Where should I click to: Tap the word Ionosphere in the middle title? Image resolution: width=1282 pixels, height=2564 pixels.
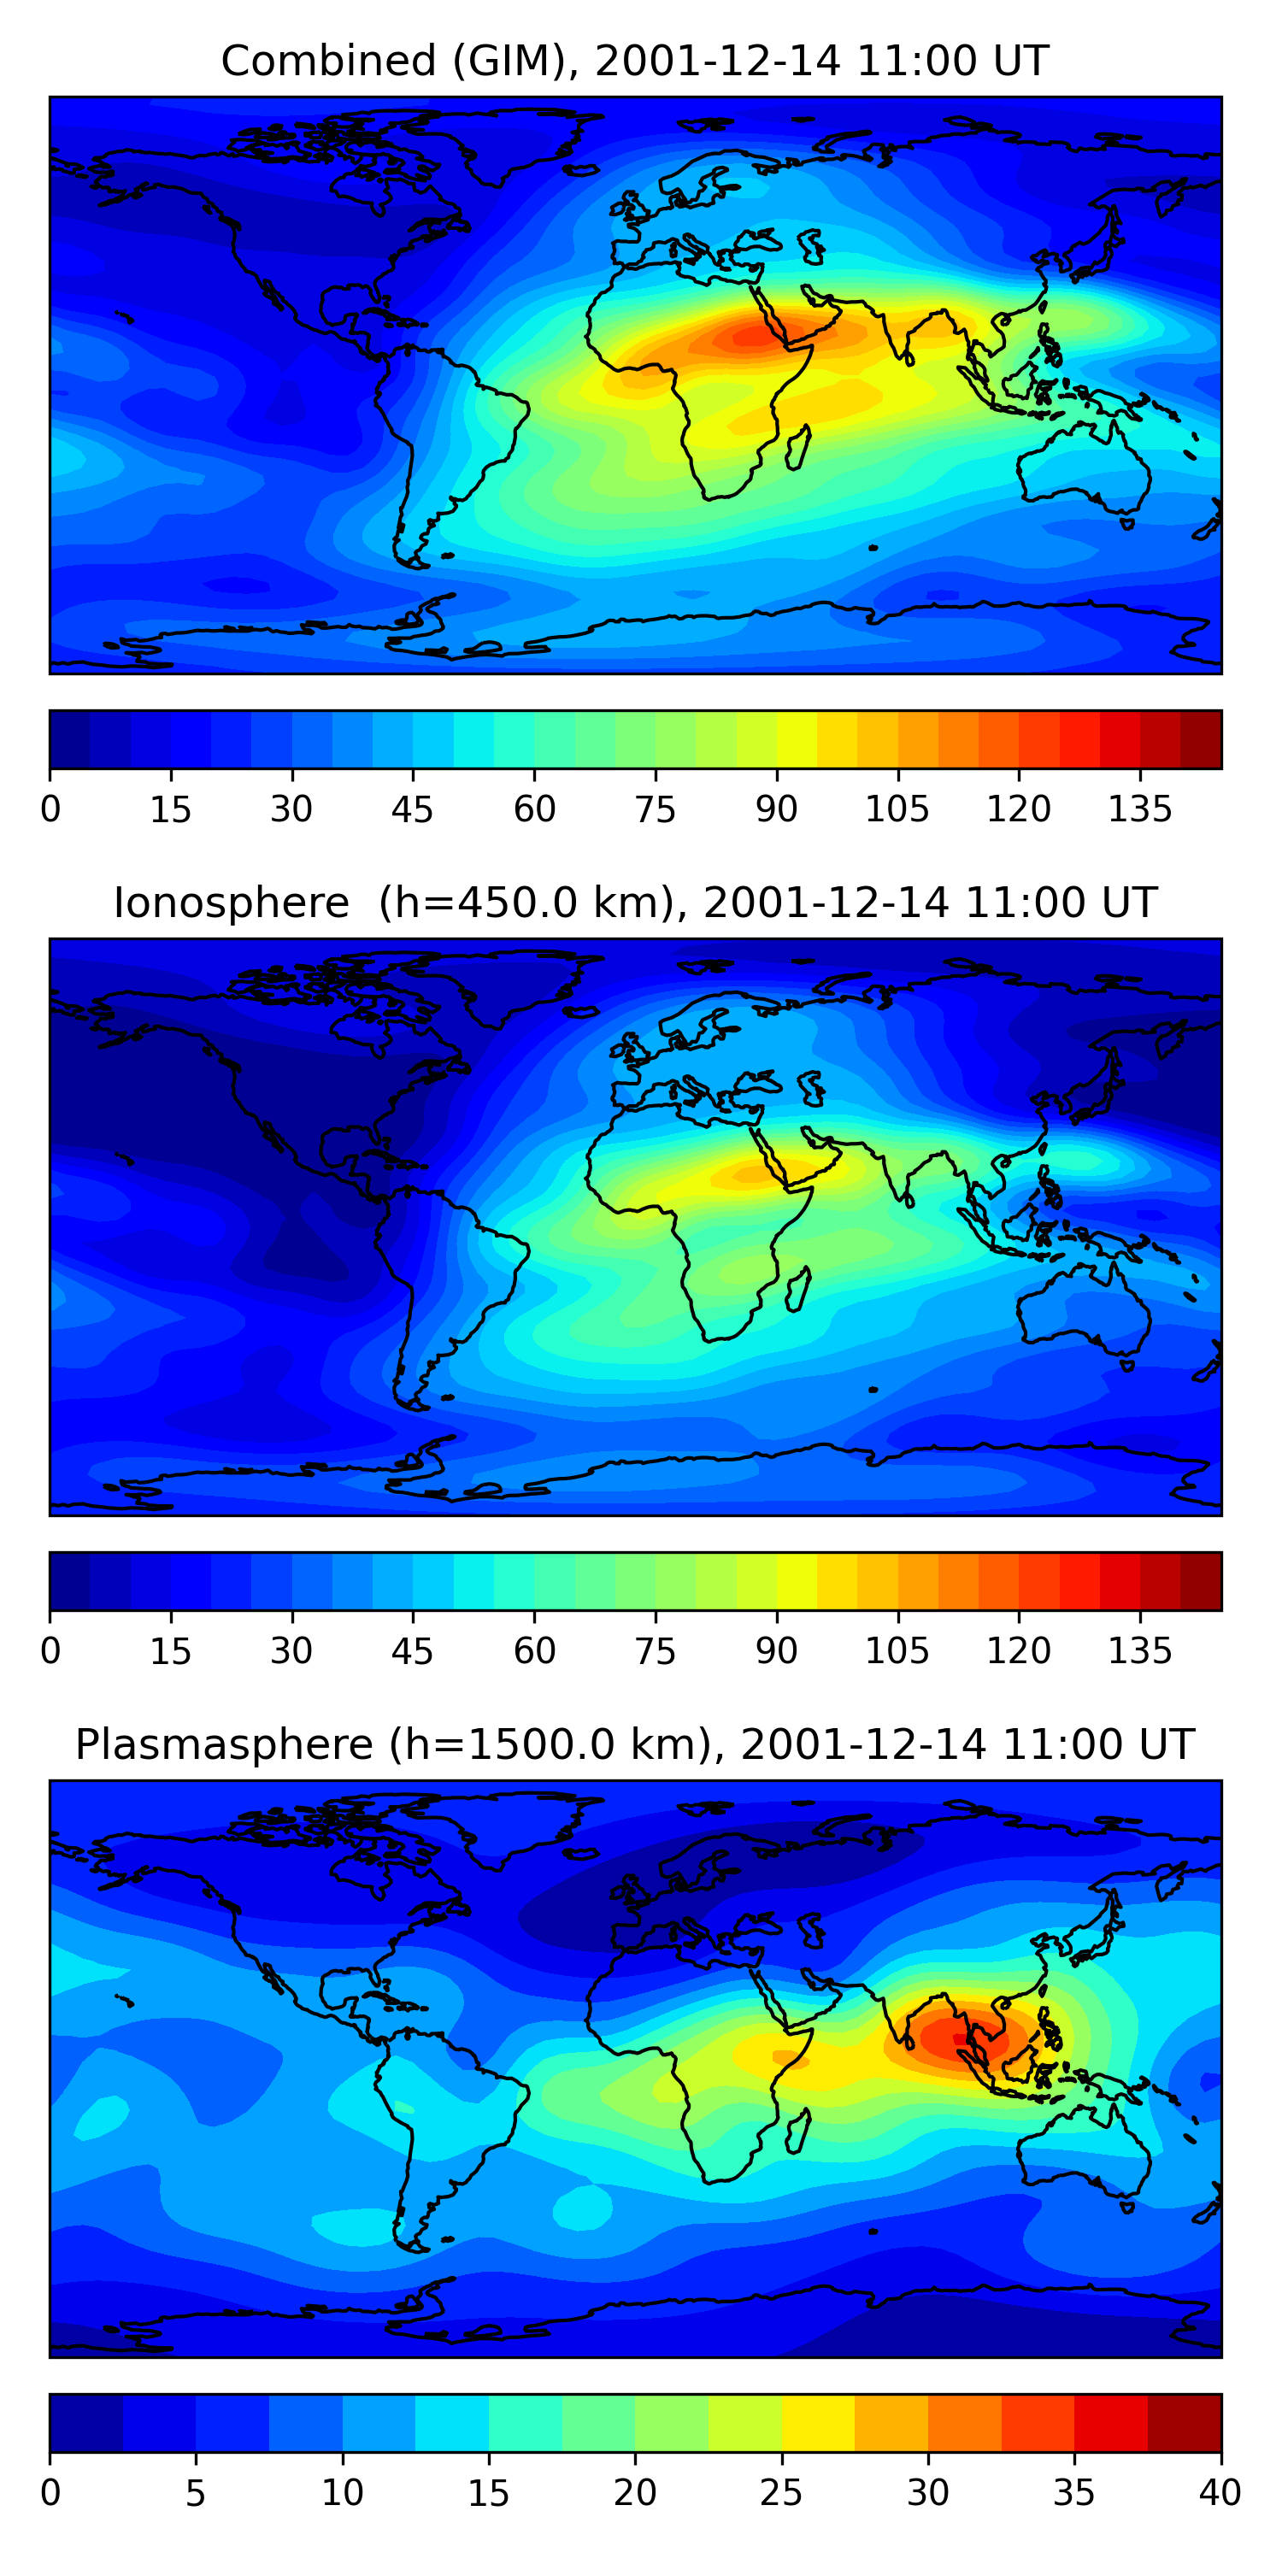coord(231,903)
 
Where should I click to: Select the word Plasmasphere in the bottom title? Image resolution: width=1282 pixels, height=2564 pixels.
coord(224,1745)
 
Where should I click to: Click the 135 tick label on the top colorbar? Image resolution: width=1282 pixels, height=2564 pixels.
coord(1139,809)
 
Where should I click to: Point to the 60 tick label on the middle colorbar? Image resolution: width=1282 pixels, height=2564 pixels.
coord(534,1651)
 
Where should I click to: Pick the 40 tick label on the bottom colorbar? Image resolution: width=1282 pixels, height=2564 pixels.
coord(1220,2493)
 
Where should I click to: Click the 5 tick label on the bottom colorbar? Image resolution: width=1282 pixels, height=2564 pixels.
coord(195,2493)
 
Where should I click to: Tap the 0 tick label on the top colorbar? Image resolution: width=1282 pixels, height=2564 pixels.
coord(50,809)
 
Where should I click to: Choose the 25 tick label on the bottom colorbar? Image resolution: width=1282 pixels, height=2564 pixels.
coord(780,2493)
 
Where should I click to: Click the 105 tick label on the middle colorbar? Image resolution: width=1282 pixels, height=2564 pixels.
coord(897,1651)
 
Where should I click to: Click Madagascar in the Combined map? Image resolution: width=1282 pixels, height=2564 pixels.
coord(798,447)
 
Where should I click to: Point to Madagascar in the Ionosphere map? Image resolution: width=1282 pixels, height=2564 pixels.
coord(798,1289)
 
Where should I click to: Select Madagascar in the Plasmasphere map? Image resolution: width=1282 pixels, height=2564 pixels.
coord(798,2131)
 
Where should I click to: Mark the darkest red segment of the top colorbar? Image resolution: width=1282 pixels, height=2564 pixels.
coord(1201,739)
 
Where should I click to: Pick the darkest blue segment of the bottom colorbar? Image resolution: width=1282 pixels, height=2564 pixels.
coord(86,2424)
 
